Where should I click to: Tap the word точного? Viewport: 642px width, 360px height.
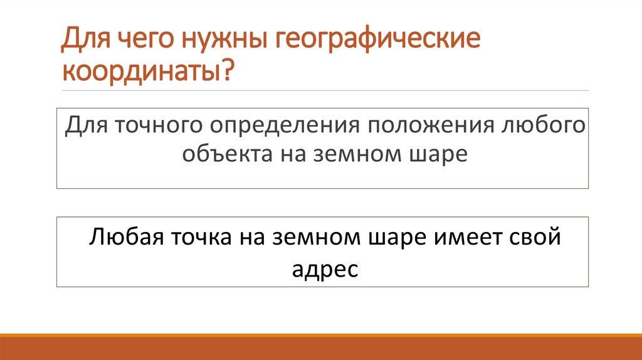click(157, 125)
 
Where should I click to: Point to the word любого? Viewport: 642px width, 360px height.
click(544, 125)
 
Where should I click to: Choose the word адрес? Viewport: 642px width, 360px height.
click(325, 271)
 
